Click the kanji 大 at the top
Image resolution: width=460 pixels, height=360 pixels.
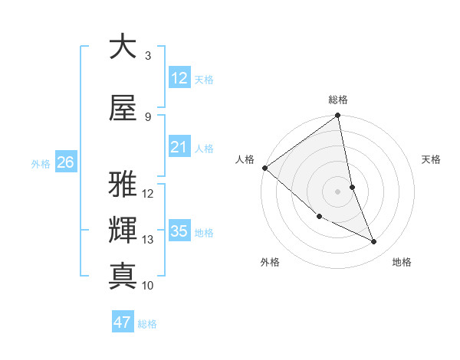point(123,47)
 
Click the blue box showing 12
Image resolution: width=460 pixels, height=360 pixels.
point(179,78)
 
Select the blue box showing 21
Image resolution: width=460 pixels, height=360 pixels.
point(179,147)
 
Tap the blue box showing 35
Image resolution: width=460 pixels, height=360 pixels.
point(179,231)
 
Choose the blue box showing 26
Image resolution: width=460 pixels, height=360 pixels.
point(65,162)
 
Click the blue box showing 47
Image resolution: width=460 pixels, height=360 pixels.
point(123,322)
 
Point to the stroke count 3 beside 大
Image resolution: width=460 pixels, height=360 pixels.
point(148,56)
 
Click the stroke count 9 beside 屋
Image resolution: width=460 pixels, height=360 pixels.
point(148,117)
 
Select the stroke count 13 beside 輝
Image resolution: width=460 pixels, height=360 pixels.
point(148,240)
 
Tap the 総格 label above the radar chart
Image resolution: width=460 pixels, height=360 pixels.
point(338,100)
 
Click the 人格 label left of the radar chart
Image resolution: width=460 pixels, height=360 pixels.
point(245,159)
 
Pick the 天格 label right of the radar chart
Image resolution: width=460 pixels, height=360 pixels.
point(431,159)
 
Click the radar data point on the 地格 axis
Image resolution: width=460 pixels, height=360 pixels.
point(374,242)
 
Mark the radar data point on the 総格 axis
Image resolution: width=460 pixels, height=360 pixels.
point(338,116)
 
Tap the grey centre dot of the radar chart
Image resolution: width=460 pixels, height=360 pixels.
point(337,191)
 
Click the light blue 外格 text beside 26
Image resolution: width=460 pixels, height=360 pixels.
point(40,163)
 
